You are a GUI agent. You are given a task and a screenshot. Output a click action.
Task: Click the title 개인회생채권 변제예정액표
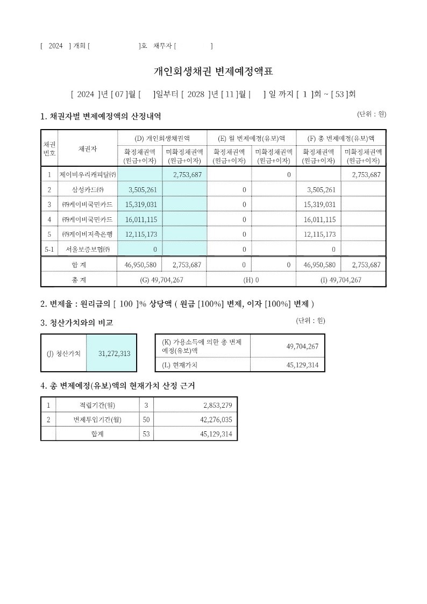point(213,72)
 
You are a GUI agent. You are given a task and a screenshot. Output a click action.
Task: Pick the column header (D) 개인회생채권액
point(162,138)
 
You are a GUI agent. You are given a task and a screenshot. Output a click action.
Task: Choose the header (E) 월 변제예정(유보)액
point(251,138)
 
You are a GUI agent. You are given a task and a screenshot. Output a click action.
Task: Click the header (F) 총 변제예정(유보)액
point(341,138)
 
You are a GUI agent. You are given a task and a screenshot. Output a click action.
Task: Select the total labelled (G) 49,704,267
point(161,280)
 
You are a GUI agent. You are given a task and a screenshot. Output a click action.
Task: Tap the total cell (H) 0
point(251,280)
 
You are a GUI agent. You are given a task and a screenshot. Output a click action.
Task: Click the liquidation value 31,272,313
point(115,353)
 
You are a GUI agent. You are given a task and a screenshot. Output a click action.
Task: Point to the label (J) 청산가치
point(63,353)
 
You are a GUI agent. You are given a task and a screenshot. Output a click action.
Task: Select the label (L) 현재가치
point(180,365)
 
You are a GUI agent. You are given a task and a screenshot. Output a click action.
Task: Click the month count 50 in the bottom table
point(146,420)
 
